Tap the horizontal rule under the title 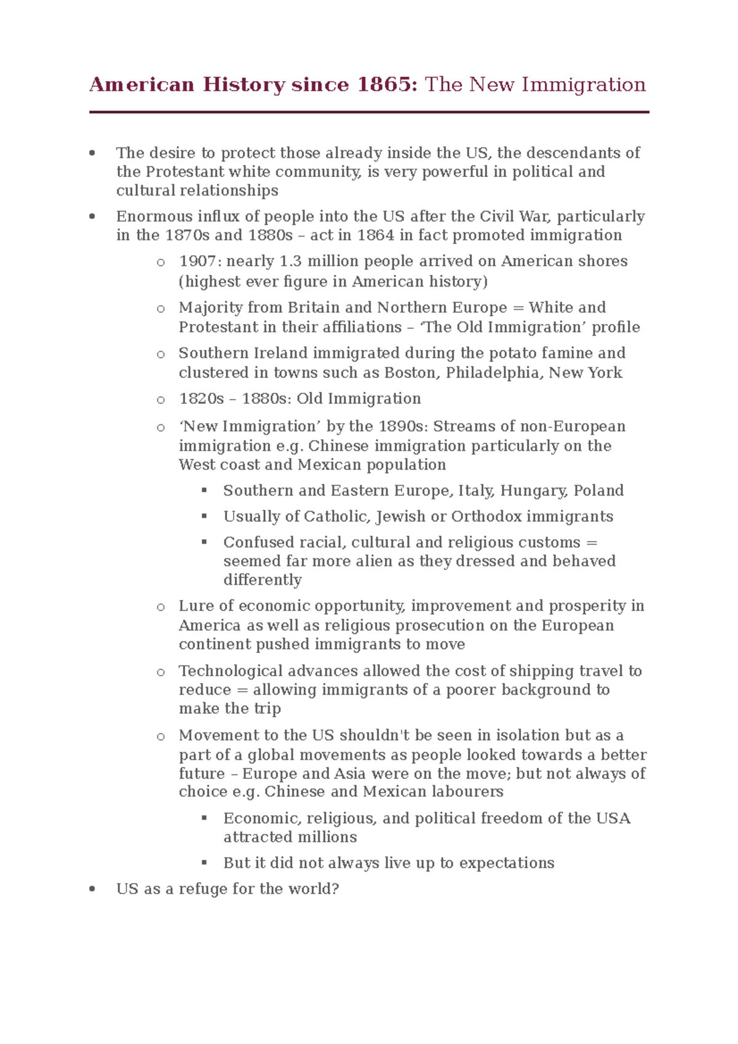369,112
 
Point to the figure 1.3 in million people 290,261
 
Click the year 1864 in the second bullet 376,235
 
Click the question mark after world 336,889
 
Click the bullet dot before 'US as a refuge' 92,889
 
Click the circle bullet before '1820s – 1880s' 161,400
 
